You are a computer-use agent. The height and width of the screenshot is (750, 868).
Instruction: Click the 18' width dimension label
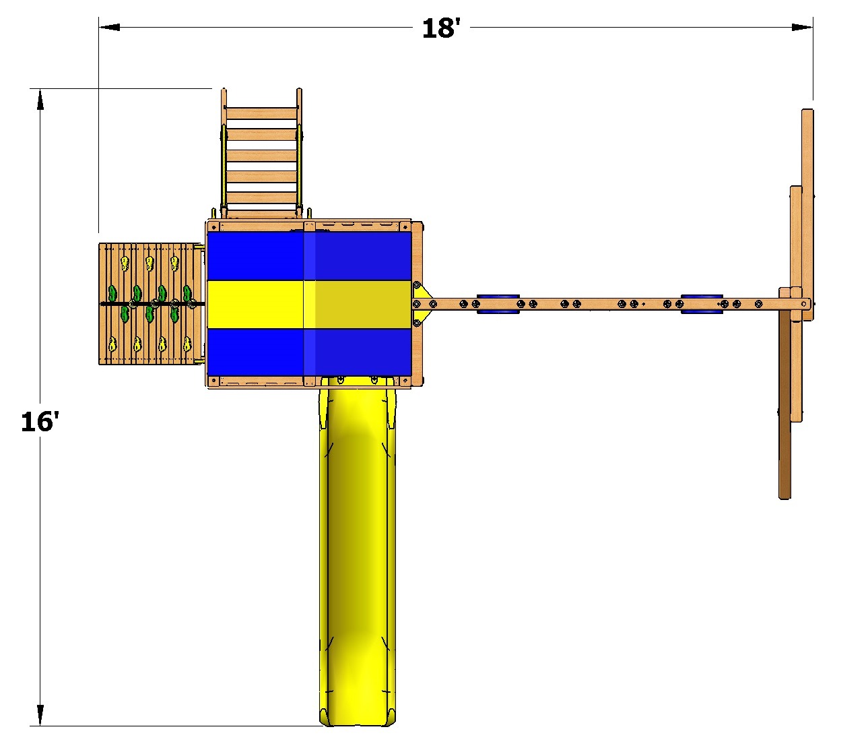[x=440, y=28]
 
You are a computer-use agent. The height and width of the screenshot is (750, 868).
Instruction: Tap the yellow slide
[x=358, y=551]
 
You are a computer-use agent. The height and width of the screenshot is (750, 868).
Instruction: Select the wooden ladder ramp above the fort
[x=261, y=154]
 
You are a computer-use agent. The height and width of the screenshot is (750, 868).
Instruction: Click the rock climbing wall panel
[x=150, y=304]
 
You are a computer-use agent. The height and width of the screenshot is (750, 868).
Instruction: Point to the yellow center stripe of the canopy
[x=309, y=304]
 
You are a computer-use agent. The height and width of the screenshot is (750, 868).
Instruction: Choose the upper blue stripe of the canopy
[x=309, y=256]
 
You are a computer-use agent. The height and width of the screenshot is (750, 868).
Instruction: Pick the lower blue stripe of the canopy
[x=309, y=352]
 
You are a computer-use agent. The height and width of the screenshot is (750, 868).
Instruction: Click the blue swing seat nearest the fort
[x=498, y=304]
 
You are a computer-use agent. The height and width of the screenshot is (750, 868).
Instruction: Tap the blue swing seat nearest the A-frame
[x=702, y=304]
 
